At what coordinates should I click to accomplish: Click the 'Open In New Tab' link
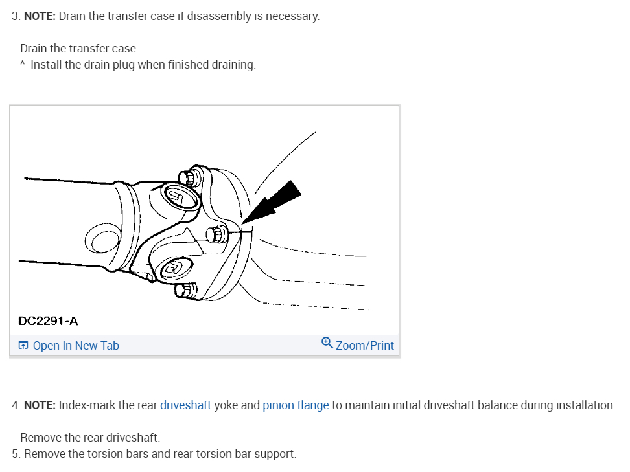click(x=75, y=346)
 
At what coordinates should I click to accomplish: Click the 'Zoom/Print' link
click(x=364, y=346)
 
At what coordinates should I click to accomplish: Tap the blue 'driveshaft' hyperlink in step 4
click(x=185, y=405)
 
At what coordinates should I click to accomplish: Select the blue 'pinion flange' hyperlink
click(x=296, y=405)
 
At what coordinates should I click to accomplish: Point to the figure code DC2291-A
click(x=48, y=321)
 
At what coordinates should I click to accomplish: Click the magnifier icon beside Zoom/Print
click(x=327, y=344)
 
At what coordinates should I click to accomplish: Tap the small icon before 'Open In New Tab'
click(x=23, y=346)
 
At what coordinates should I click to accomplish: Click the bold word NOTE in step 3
click(x=40, y=16)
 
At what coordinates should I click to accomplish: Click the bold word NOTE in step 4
click(x=40, y=405)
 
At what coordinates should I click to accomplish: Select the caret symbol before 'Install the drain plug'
click(x=23, y=65)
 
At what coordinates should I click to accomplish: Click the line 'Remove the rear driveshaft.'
click(x=89, y=438)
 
